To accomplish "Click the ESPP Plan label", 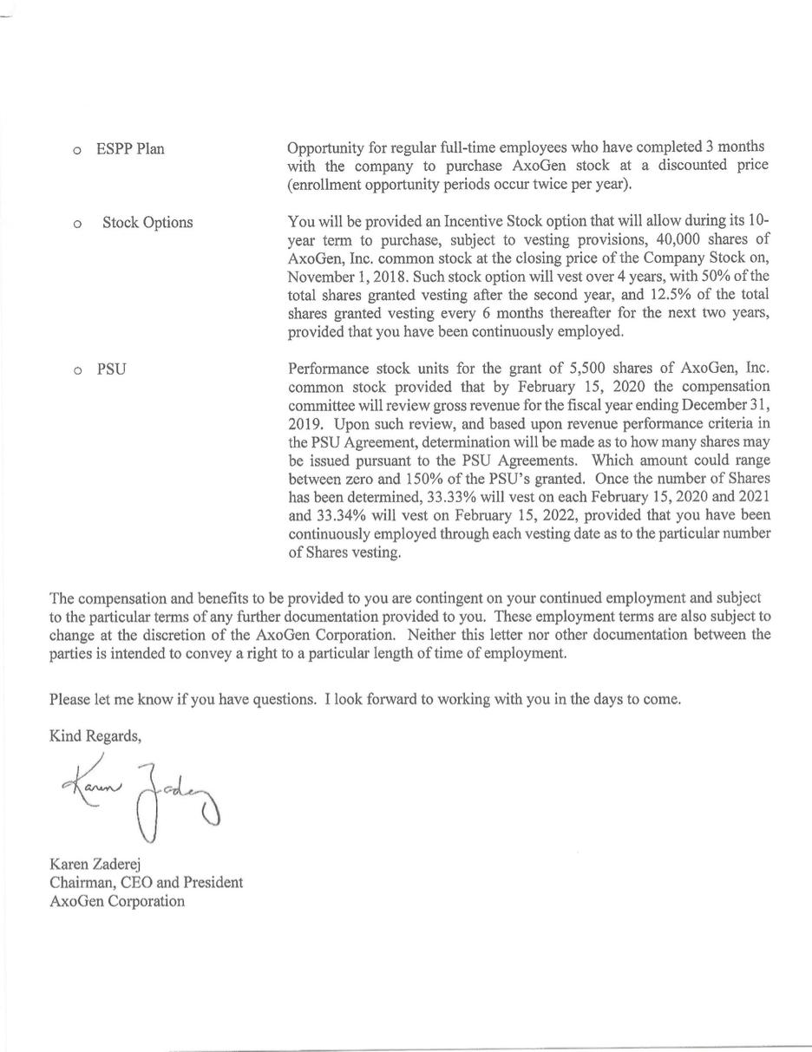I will click(x=130, y=149).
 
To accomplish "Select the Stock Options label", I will click(x=147, y=223).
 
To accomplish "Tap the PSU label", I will click(x=111, y=369).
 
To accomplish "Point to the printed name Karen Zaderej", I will click(x=95, y=865).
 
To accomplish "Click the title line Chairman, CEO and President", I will click(x=146, y=883).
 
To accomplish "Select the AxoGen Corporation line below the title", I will click(x=117, y=901).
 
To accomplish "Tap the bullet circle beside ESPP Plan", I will click(x=77, y=151).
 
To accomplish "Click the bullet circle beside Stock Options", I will click(x=77, y=225).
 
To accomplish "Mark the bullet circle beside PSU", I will click(x=77, y=371).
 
